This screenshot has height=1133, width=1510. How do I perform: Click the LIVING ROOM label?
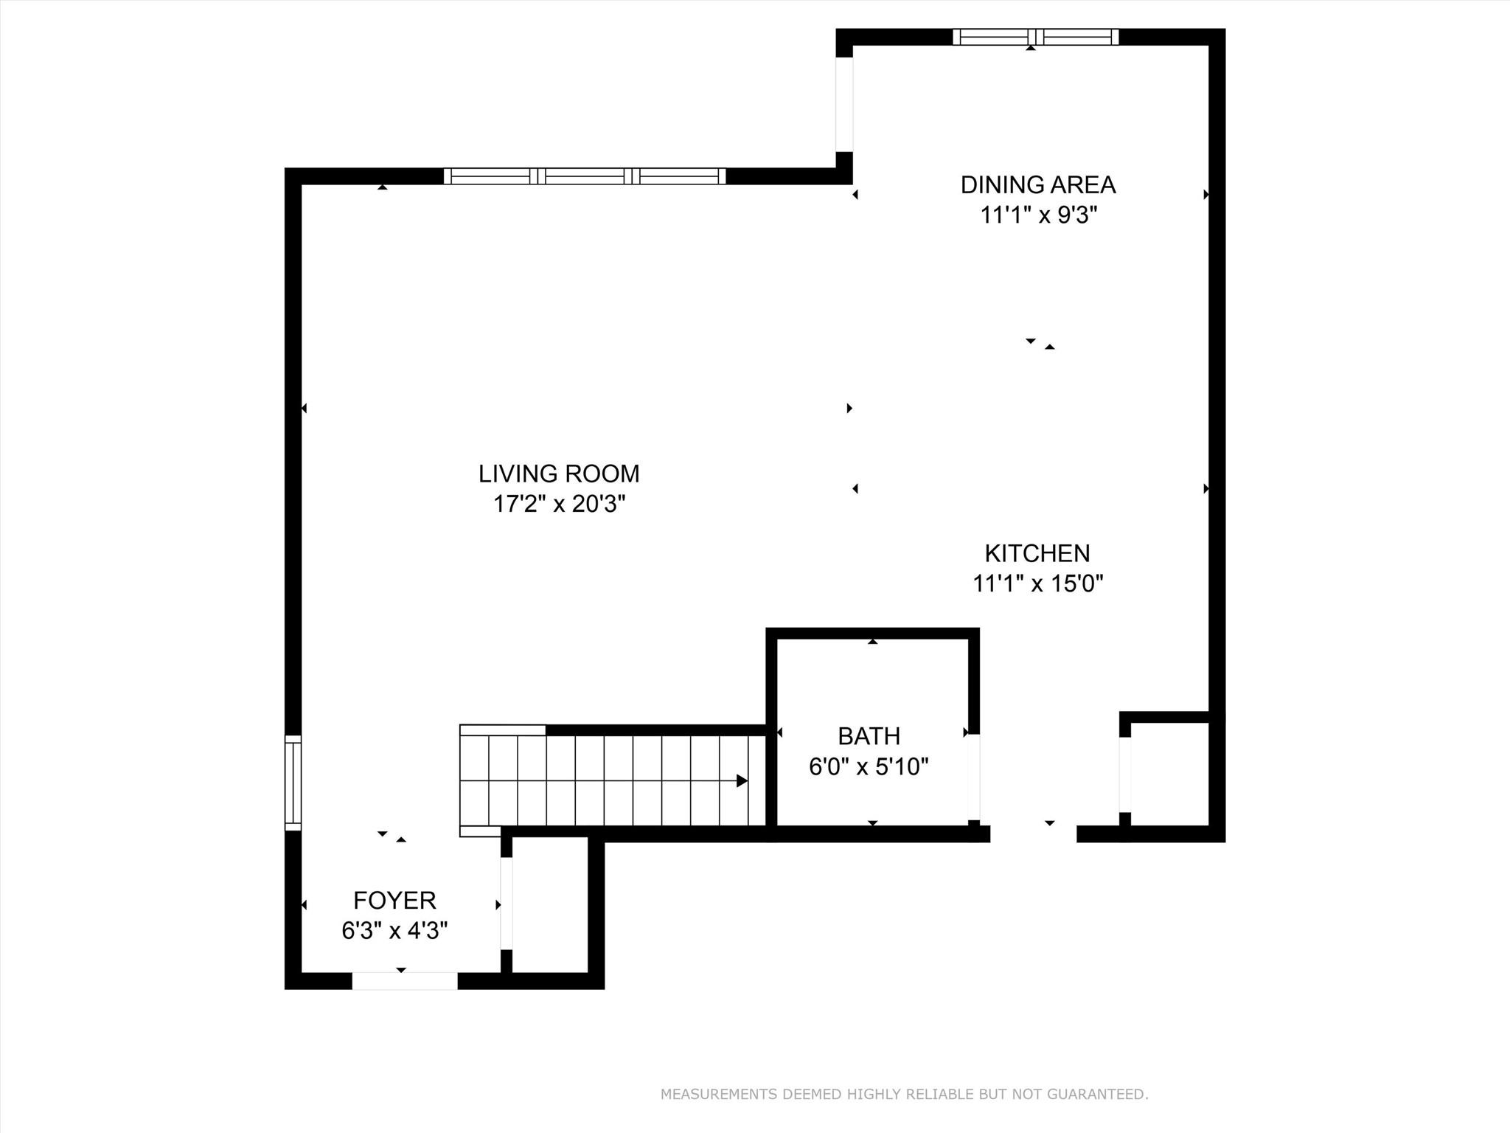pos(559,474)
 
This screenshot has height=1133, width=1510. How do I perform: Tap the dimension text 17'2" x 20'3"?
pos(559,505)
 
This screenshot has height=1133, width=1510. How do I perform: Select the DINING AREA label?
pos(1037,184)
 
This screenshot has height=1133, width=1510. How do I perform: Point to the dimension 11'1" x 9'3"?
pos(1038,215)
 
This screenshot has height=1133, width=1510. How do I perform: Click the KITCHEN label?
pos(1037,553)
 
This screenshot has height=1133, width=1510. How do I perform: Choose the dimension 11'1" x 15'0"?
pos(1037,584)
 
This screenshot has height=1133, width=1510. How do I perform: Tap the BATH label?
pos(869,736)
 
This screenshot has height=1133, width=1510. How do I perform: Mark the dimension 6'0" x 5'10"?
pos(868,767)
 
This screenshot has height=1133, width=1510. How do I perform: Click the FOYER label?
pos(394,901)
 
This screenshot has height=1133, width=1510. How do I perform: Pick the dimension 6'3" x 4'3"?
pos(394,931)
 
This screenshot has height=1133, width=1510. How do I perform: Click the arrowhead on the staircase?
pos(742,781)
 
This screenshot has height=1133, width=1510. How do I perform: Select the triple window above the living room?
pos(585,176)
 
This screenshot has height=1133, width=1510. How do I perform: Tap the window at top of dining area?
pos(1035,37)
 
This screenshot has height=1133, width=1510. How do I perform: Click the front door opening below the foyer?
pos(404,981)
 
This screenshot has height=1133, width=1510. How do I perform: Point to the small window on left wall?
pos(293,783)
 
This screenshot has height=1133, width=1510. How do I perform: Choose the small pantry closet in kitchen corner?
pos(1169,775)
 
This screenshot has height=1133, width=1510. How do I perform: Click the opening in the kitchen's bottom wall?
pos(1033,834)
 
